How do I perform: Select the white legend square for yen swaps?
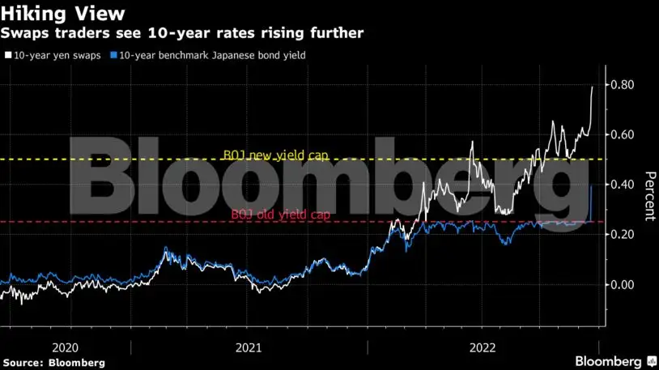(8, 55)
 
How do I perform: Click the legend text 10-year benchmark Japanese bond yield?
(212, 55)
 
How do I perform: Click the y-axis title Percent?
(648, 196)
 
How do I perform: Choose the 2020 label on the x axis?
(65, 347)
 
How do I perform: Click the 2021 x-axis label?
(249, 347)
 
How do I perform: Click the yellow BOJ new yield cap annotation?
(275, 155)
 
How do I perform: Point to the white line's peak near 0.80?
(593, 87)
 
